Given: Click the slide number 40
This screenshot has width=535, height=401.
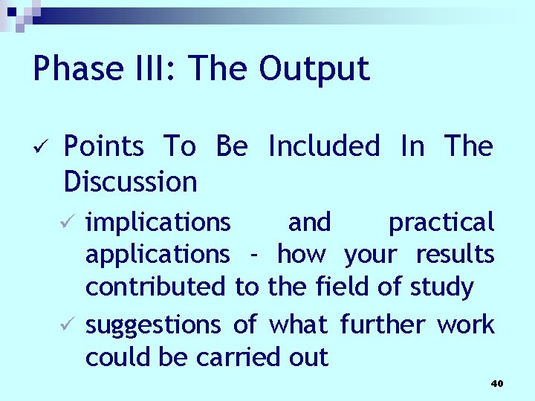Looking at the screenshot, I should (x=497, y=383).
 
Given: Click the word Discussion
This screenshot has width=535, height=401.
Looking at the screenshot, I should (x=131, y=181).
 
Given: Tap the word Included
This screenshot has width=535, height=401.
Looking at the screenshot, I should (x=323, y=146).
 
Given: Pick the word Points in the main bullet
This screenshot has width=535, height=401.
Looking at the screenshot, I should (x=104, y=146).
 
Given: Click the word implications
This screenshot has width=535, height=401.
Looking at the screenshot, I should (x=158, y=222).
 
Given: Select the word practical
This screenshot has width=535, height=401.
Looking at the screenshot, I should (x=441, y=222).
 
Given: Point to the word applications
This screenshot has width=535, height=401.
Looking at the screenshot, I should (x=158, y=255).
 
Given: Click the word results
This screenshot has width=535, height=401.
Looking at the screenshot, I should (x=455, y=254).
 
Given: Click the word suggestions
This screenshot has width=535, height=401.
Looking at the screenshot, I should (x=153, y=325).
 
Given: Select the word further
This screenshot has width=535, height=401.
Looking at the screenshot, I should (x=383, y=325).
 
